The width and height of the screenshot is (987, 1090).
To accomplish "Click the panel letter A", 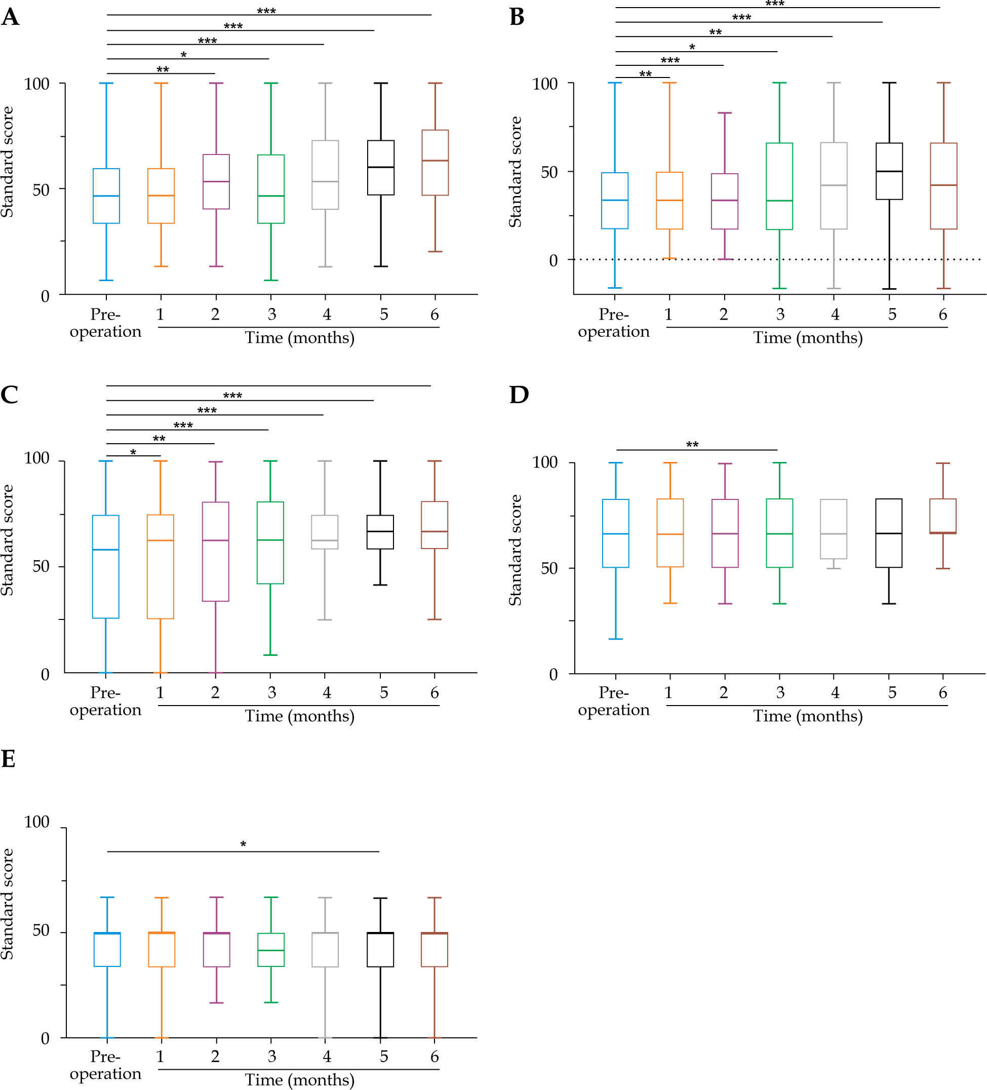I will click(x=10, y=17).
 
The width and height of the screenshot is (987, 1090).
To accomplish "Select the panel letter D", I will click(x=519, y=395).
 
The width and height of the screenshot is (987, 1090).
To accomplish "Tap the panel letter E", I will click(x=8, y=759).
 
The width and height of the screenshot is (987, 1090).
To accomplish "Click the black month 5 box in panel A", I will click(x=380, y=168).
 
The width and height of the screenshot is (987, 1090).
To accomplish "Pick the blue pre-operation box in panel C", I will click(x=106, y=567).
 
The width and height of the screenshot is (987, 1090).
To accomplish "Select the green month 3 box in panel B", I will click(x=779, y=186).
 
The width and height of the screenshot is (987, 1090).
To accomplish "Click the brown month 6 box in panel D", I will click(x=942, y=516).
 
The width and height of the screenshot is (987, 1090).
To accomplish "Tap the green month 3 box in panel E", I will click(x=271, y=950).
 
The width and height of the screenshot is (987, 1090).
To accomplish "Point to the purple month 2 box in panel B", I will click(x=724, y=201).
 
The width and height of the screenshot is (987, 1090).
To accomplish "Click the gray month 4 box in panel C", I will click(x=325, y=532).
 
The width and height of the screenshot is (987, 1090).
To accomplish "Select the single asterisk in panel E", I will click(x=243, y=844).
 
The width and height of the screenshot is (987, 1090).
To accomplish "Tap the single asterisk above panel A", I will click(x=184, y=55).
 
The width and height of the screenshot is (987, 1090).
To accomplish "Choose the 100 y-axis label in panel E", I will click(x=37, y=822).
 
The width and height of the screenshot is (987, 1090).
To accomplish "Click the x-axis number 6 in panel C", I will click(x=434, y=692).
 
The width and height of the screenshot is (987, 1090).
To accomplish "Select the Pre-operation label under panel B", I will click(x=613, y=323).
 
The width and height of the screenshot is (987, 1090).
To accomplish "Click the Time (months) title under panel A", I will click(x=299, y=338).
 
